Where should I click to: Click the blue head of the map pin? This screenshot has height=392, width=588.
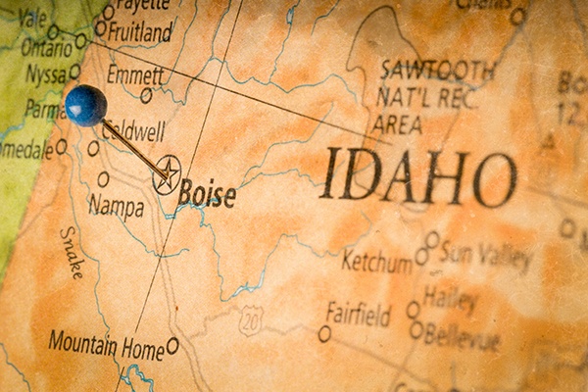[x=85, y=105]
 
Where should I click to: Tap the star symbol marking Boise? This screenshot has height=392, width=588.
[x=167, y=174]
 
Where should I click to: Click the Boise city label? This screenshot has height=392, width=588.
[x=207, y=193]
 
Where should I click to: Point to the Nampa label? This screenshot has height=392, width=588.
[x=116, y=206]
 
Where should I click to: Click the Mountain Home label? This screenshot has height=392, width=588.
[x=106, y=344]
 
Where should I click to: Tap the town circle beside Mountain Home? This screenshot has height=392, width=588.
[x=172, y=345]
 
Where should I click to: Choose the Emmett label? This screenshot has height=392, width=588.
[x=135, y=74]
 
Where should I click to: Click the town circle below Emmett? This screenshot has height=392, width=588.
[x=146, y=96]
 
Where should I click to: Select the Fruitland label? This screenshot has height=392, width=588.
[x=140, y=31]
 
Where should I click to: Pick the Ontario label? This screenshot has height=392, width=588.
[x=46, y=46]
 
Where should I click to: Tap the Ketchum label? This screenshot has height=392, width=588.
[x=376, y=262]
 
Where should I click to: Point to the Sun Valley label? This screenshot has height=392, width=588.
[x=485, y=256]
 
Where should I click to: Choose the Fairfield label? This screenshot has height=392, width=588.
[x=358, y=316]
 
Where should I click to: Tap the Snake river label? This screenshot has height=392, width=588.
[x=71, y=253]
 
